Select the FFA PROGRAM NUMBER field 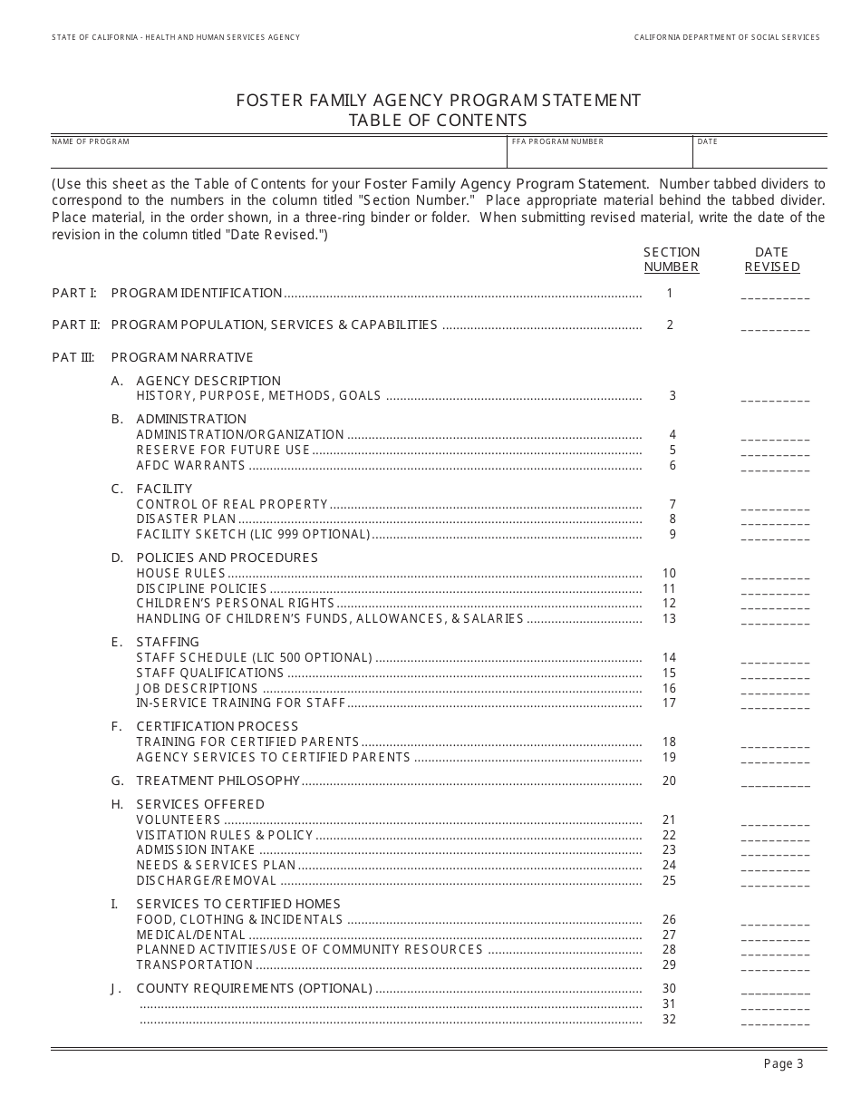(600, 156)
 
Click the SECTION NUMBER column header (671, 259)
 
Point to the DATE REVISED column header (772, 259)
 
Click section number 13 (670, 618)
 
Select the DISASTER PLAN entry (186, 519)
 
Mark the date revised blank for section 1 (775, 296)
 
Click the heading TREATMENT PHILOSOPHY (218, 780)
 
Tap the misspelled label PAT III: (73, 357)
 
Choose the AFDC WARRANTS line (190, 466)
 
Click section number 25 (670, 880)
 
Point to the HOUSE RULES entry (180, 573)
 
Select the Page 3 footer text (783, 1064)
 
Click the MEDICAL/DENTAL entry (190, 935)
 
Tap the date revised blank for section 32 (775, 1023)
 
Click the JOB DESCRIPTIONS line (197, 688)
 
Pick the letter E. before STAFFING (117, 642)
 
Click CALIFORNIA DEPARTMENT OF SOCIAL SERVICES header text (726, 37)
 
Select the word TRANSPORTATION (194, 965)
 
